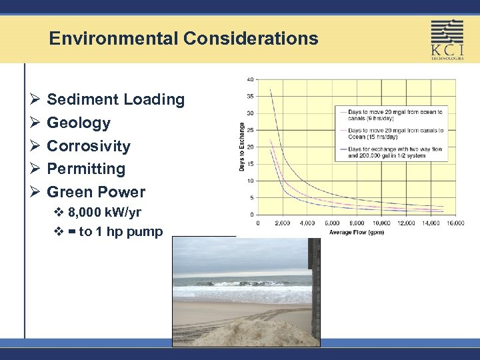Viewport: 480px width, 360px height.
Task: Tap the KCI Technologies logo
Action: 447,39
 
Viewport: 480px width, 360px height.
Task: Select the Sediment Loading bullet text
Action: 115,100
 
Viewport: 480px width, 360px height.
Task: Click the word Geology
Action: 79,123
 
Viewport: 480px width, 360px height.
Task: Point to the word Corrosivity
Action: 89,146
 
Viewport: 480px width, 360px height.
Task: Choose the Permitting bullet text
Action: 86,169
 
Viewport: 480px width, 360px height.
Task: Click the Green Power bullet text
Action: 96,192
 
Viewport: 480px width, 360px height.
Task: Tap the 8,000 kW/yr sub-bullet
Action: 104,213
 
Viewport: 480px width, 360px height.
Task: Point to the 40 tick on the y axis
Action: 250,79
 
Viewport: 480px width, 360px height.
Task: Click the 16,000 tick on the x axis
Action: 455,223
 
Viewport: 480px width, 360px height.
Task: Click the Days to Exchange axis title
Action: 241,146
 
